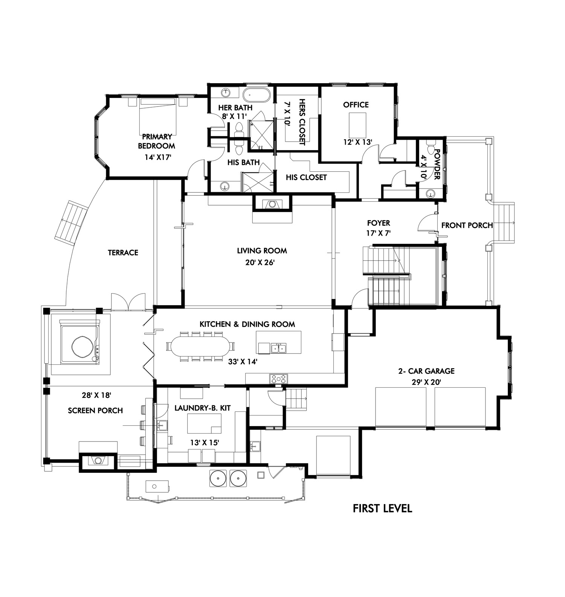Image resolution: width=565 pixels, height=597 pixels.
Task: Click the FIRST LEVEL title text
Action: click(382, 509)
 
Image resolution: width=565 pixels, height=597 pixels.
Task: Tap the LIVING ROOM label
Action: click(262, 251)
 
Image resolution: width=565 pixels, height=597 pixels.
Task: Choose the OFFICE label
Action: click(356, 105)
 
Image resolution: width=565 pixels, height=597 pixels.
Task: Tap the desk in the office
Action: click(358, 125)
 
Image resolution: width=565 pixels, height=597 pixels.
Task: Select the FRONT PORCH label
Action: click(467, 225)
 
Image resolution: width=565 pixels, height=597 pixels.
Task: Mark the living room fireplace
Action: click(272, 204)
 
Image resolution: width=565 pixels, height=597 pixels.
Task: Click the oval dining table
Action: click(200, 346)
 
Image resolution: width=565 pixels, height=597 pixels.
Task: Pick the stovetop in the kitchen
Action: click(278, 379)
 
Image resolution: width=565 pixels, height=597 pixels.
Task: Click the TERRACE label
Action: click(123, 253)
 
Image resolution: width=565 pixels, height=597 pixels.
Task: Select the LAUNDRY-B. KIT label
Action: click(203, 408)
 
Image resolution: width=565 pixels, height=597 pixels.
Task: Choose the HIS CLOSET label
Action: click(306, 177)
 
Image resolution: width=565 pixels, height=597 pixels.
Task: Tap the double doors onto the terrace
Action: click(128, 301)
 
